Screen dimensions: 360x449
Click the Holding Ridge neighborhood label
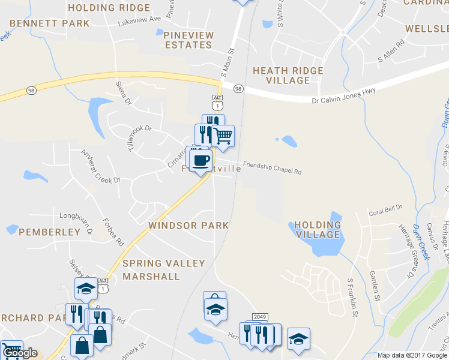(x=109, y=8)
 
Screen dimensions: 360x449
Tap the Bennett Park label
(x=49, y=23)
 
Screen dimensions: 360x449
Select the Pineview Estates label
(x=188, y=40)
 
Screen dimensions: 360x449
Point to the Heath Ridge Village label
(x=288, y=76)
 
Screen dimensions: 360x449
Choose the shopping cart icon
(x=223, y=137)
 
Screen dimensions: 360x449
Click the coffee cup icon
(x=200, y=160)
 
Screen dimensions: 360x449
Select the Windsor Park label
(x=188, y=226)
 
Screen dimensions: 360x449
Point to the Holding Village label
(x=318, y=230)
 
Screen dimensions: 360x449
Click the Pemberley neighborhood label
(x=49, y=232)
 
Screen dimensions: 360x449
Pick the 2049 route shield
(x=259, y=316)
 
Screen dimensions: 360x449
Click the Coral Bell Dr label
(x=385, y=212)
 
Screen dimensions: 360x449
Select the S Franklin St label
(x=353, y=298)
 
